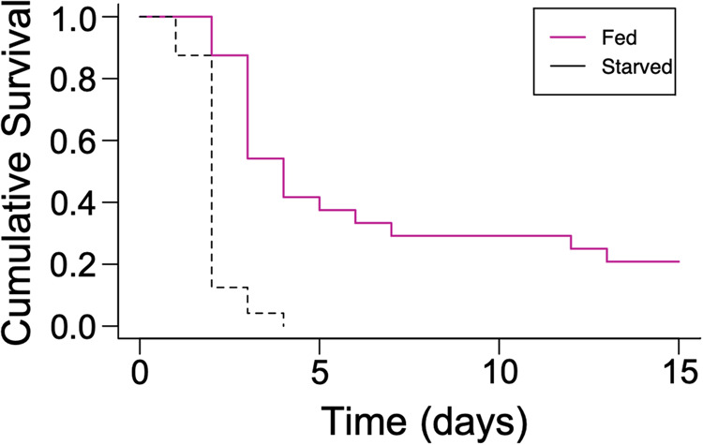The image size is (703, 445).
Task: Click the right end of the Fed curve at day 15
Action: [678, 261]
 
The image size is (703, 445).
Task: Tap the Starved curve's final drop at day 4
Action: [283, 319]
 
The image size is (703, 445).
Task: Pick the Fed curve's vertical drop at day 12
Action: [571, 242]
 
